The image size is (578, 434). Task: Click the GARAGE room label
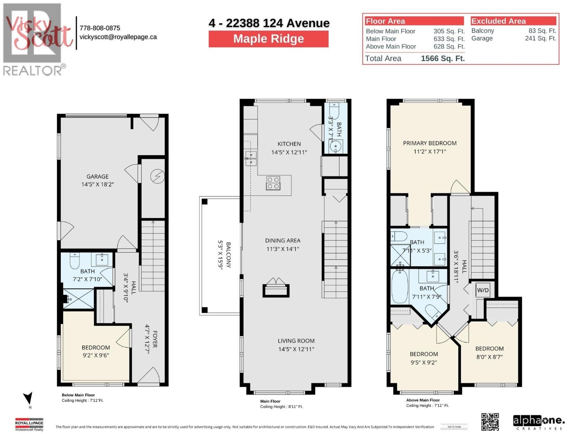(x=97, y=176)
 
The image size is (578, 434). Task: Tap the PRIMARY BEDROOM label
(x=430, y=143)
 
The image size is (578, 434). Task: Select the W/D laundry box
(x=483, y=290)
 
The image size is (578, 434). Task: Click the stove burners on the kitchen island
(x=273, y=183)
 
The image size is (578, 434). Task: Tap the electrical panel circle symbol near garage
(x=157, y=176)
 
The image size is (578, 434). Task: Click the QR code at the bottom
(x=490, y=422)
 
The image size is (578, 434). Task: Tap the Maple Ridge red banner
(x=268, y=39)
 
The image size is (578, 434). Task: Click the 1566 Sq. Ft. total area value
(x=443, y=59)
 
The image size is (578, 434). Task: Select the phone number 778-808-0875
(x=100, y=28)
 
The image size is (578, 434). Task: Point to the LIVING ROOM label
(x=296, y=341)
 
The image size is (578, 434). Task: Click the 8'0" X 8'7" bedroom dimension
(x=489, y=357)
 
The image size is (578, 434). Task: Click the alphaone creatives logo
(x=538, y=422)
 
